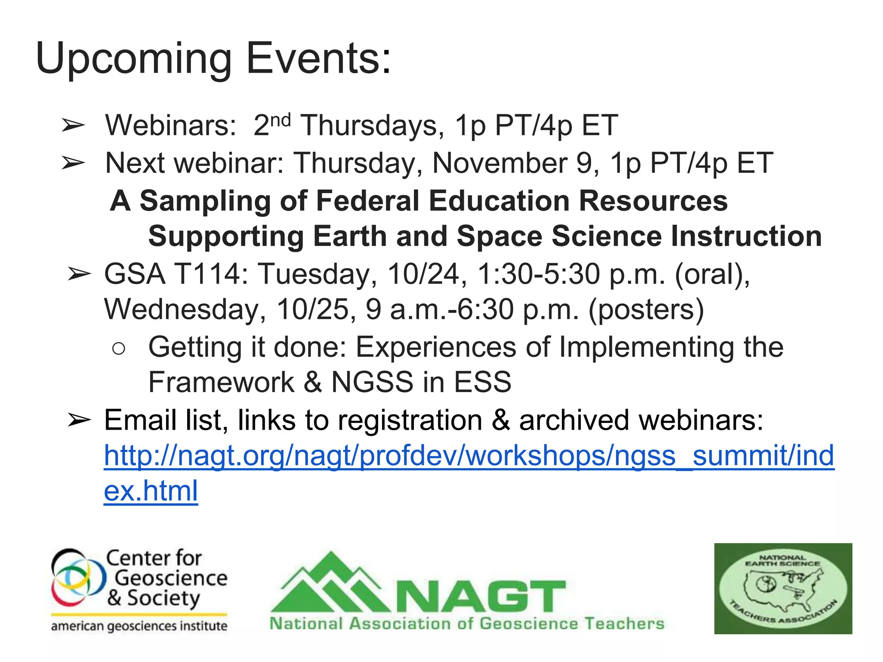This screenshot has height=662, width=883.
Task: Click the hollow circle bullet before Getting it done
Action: point(118,348)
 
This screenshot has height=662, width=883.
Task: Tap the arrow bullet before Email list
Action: point(79,420)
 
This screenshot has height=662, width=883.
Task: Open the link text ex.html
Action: point(151,491)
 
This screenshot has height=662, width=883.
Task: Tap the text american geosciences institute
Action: point(139,626)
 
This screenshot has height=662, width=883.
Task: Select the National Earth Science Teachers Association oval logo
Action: point(783,588)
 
